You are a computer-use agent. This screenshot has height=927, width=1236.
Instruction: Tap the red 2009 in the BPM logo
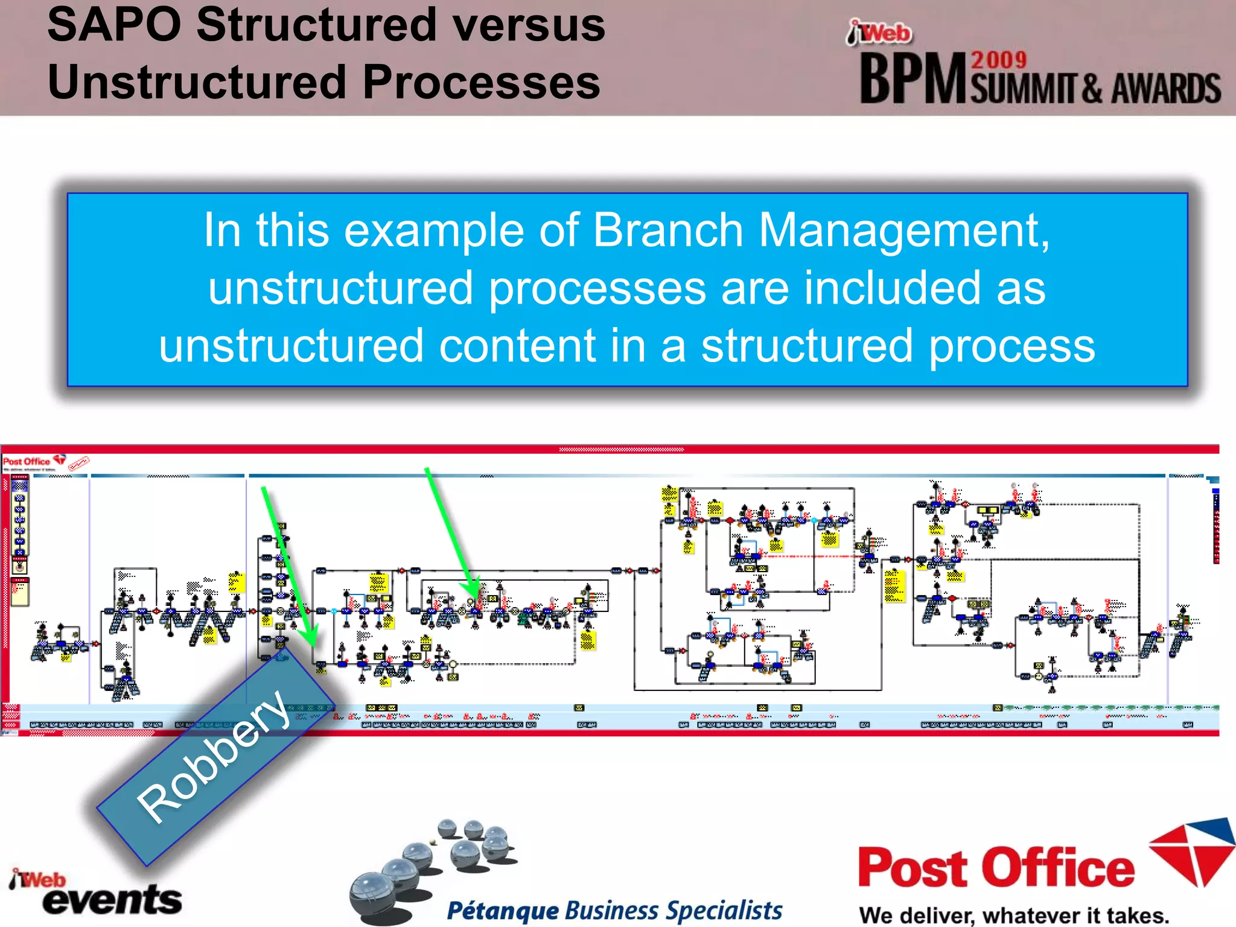pos(999,60)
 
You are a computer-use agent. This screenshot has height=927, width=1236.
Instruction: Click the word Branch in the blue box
pos(667,231)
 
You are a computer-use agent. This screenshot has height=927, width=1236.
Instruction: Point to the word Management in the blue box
pos(904,231)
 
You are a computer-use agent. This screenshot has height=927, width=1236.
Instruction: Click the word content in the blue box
pos(517,346)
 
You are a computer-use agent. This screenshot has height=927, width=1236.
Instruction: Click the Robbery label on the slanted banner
pos(214,757)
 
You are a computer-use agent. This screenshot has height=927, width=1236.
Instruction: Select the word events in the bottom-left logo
pos(112,900)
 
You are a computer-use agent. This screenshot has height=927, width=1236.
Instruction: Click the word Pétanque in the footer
pos(503,911)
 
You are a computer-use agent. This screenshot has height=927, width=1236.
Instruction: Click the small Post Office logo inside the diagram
pos(27,462)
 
